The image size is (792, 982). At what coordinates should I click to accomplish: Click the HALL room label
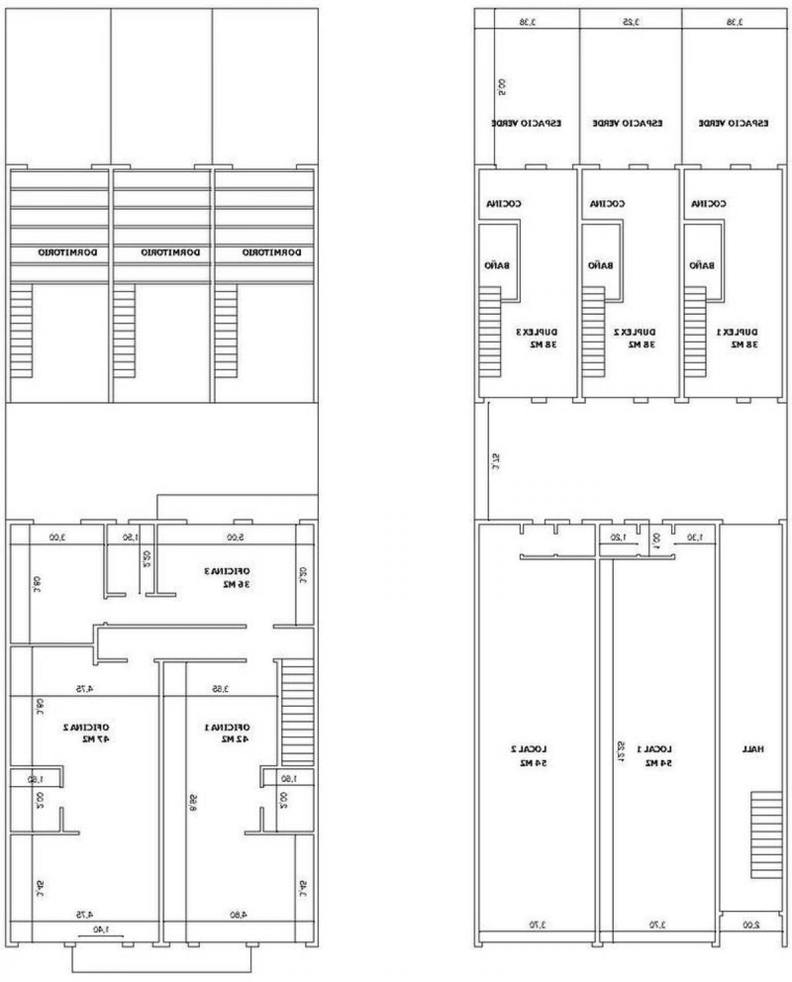pos(752,749)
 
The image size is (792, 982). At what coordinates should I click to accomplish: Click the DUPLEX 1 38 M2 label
pos(737,338)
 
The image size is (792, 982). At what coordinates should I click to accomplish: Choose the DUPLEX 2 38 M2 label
pos(634,338)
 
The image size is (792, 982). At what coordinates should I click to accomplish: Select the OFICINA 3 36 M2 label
pos(226,577)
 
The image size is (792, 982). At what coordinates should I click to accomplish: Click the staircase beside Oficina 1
pos(297,713)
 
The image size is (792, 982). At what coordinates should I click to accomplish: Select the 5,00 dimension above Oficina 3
pos(235,537)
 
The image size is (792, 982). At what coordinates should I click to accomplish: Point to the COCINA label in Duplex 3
pos(504,204)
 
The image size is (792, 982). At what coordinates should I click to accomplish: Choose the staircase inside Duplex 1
pos(695,332)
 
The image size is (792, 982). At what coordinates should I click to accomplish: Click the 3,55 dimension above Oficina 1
pos(220,689)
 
